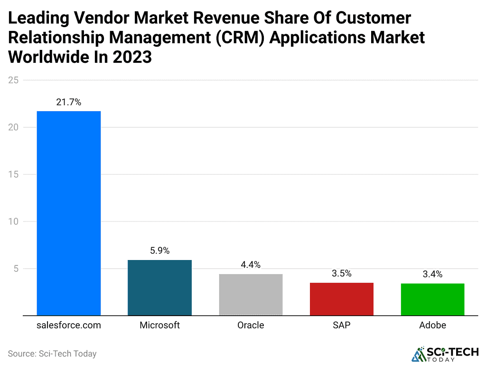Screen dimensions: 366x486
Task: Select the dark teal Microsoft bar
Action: coord(159,288)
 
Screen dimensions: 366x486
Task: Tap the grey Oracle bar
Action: coord(251,295)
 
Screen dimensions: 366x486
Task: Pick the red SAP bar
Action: coord(342,299)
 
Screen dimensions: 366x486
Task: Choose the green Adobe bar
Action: coord(432,299)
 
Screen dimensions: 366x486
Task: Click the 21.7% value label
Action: coord(69,102)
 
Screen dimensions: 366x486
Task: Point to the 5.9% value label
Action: coord(159,251)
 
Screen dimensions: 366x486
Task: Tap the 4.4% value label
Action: coord(251,265)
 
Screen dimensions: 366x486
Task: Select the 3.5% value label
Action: coord(342,274)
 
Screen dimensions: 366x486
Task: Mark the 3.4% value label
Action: coord(432,274)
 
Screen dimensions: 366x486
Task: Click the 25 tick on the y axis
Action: coord(13,80)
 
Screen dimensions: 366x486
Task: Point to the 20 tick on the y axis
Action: coord(13,127)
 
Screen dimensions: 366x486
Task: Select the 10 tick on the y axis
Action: coord(13,222)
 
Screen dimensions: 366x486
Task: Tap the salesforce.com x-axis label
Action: coord(69,326)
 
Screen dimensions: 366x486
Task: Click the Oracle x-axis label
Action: coord(251,326)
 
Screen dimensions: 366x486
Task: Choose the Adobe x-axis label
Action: coord(432,326)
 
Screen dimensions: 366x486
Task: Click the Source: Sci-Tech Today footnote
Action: coord(52,354)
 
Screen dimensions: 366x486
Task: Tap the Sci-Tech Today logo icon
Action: coord(419,354)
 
